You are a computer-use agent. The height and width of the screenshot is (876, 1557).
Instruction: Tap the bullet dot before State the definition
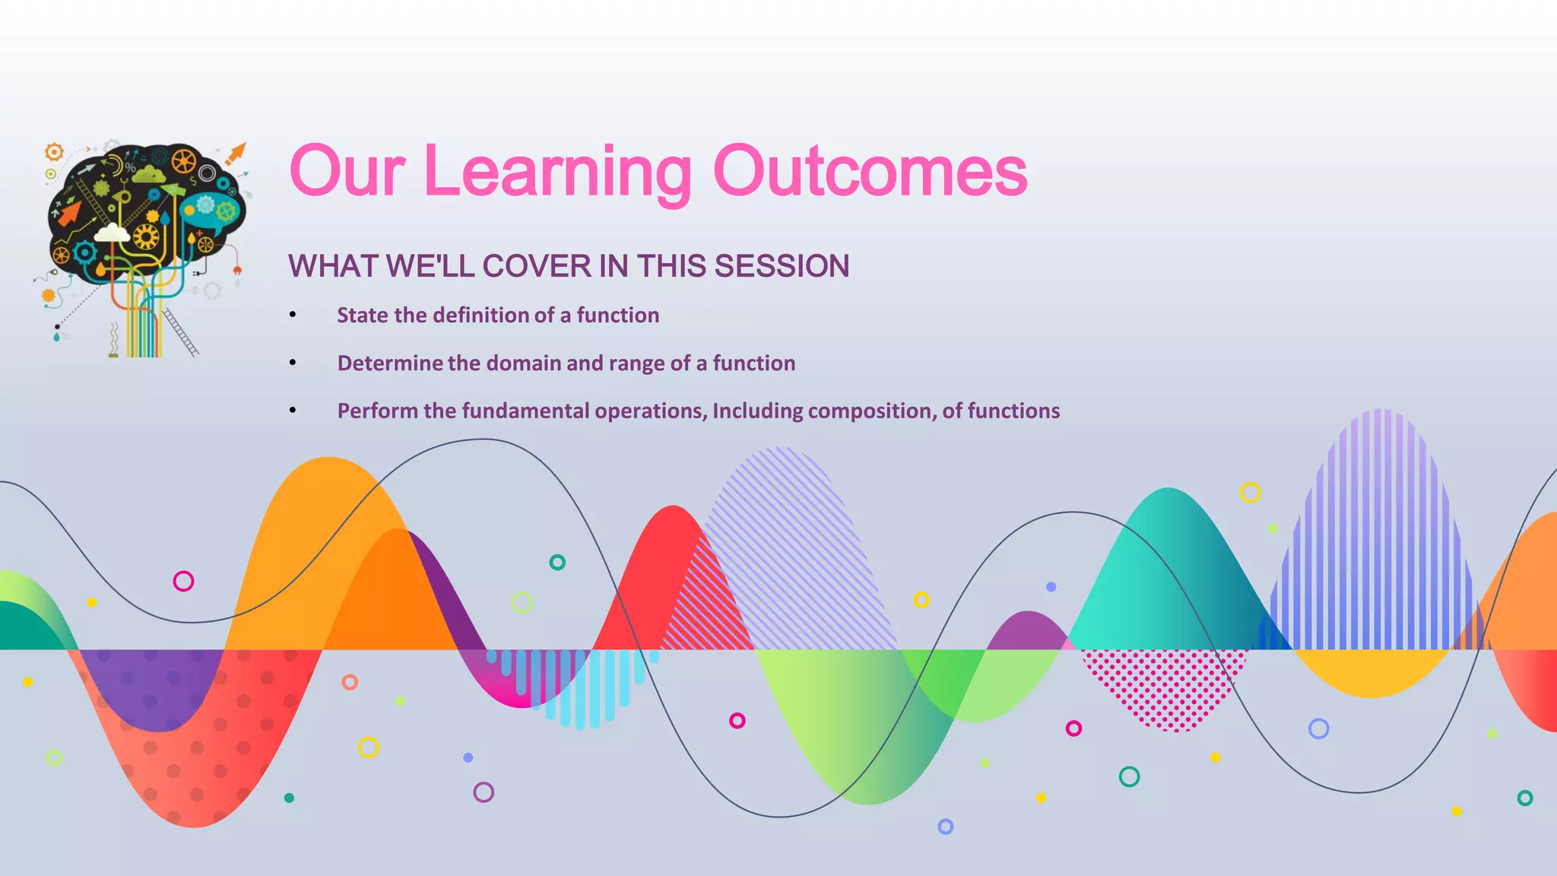293,316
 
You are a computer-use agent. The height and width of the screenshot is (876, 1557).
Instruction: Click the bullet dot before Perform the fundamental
293,411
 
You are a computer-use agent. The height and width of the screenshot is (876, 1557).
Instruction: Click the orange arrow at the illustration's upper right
236,154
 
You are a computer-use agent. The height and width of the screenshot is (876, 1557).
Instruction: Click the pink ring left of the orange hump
183,582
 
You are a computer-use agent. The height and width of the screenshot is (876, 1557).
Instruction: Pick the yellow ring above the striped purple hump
1250,493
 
